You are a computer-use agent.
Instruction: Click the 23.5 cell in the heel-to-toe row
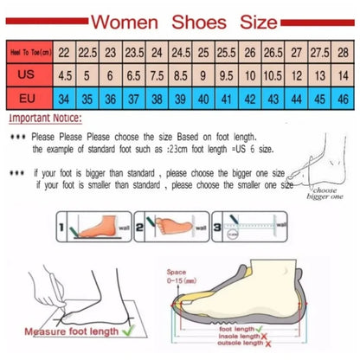coord(135,52)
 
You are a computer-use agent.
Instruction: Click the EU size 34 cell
coord(66,99)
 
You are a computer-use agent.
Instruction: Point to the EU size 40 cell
coord(203,99)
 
